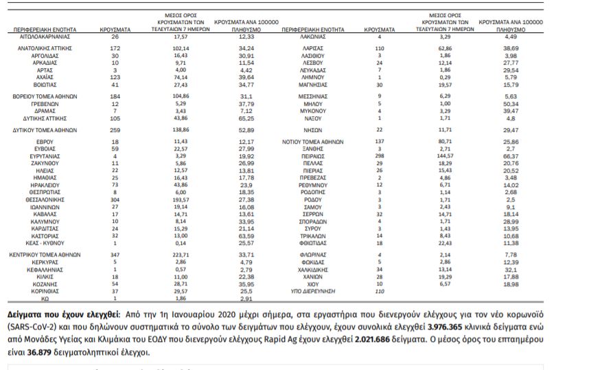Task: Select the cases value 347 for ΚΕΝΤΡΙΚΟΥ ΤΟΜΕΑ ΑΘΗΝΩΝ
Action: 115,254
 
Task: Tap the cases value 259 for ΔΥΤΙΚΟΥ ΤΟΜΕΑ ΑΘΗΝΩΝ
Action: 115,129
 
